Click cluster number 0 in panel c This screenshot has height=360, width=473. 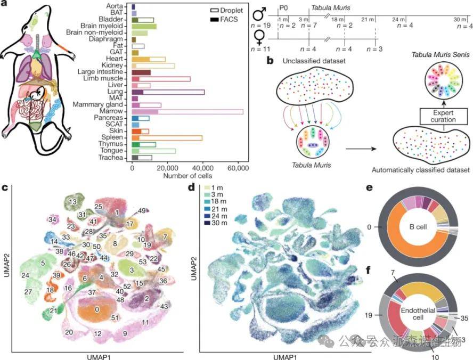(96, 309)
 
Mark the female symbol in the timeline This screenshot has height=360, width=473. (261, 38)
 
